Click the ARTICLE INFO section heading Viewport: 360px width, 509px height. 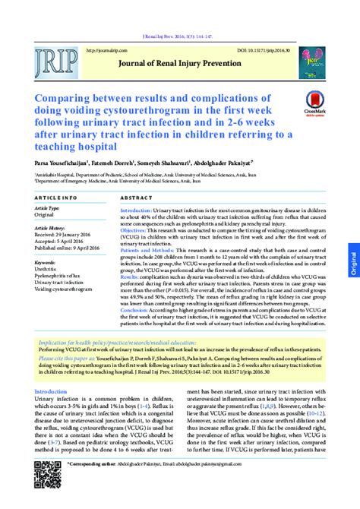(x=58, y=197)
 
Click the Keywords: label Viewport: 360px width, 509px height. (x=46, y=262)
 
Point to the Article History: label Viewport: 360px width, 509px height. (x=52, y=228)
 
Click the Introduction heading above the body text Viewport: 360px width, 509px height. (x=51, y=392)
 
